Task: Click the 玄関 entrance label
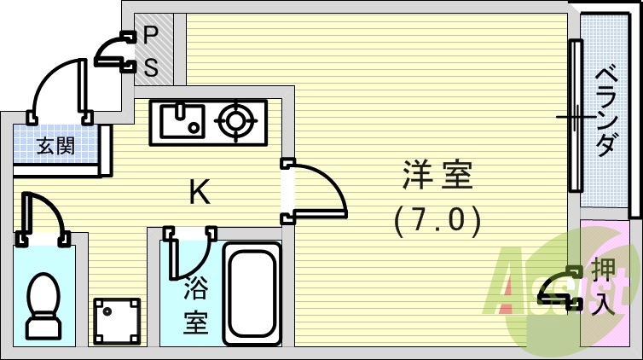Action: (55, 146)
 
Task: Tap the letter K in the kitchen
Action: (200, 194)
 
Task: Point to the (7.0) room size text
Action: (437, 221)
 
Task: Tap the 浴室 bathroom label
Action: (195, 306)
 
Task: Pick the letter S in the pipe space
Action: (151, 67)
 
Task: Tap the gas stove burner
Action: (235, 122)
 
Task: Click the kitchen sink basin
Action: (181, 122)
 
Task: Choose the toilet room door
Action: (43, 217)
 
